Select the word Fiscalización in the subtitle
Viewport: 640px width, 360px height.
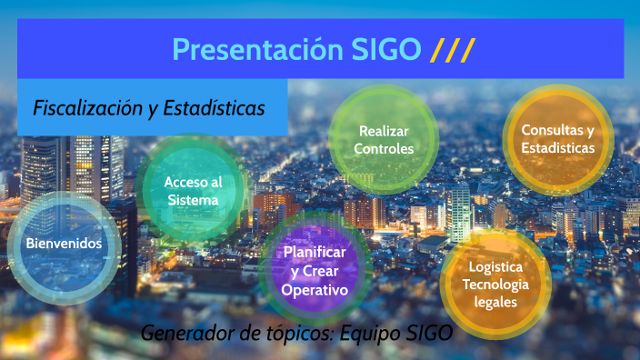pos(87,107)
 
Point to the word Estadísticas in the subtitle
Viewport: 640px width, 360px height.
pos(211,107)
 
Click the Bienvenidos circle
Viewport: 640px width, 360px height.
pos(63,244)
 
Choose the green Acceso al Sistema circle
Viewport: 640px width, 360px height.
pos(193,190)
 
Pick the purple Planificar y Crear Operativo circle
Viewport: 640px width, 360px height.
pos(315,271)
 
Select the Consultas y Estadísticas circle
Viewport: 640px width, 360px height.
pos(557,138)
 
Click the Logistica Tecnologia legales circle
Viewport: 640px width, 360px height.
pos(495,284)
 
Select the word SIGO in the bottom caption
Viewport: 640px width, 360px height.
pos(428,333)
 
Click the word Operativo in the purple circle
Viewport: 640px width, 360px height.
pos(315,290)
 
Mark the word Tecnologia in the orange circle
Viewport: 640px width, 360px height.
pos(495,284)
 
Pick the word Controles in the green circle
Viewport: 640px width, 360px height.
pos(383,149)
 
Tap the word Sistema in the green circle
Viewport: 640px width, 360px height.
pos(193,199)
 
